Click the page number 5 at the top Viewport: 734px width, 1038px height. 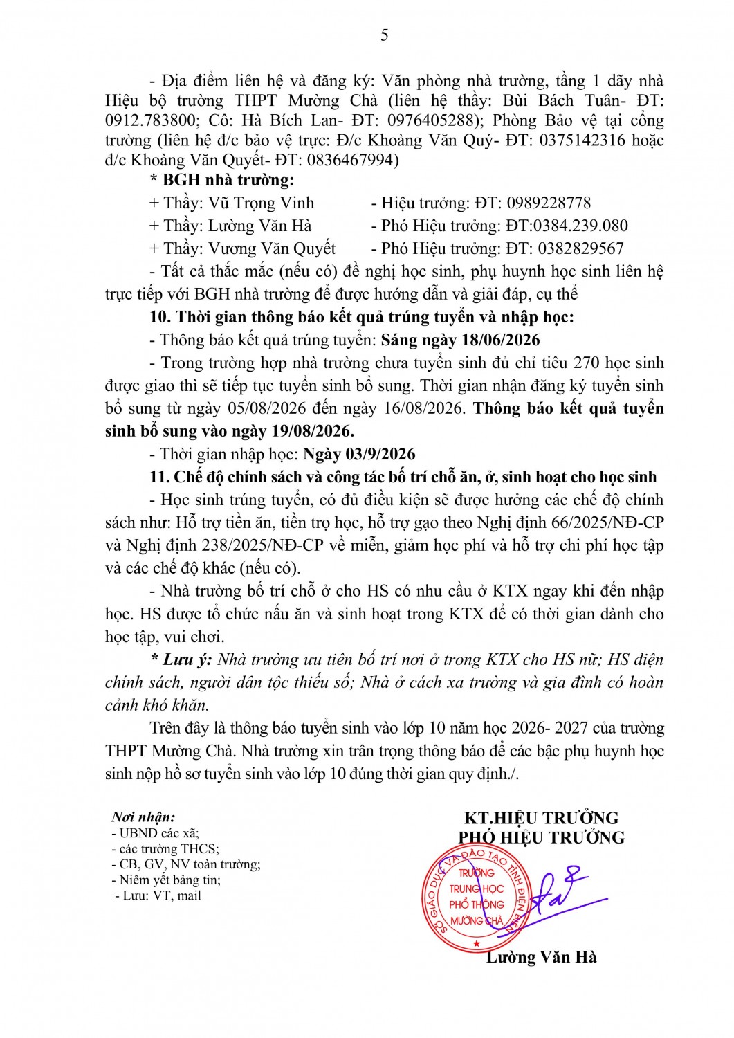coord(385,35)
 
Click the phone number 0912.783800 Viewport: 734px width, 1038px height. coord(145,120)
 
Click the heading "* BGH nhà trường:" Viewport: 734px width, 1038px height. coord(221,181)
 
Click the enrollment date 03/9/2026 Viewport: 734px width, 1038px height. coord(378,455)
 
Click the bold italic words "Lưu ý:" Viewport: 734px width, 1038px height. coord(187,660)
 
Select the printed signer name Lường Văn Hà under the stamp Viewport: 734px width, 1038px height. coord(541,958)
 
